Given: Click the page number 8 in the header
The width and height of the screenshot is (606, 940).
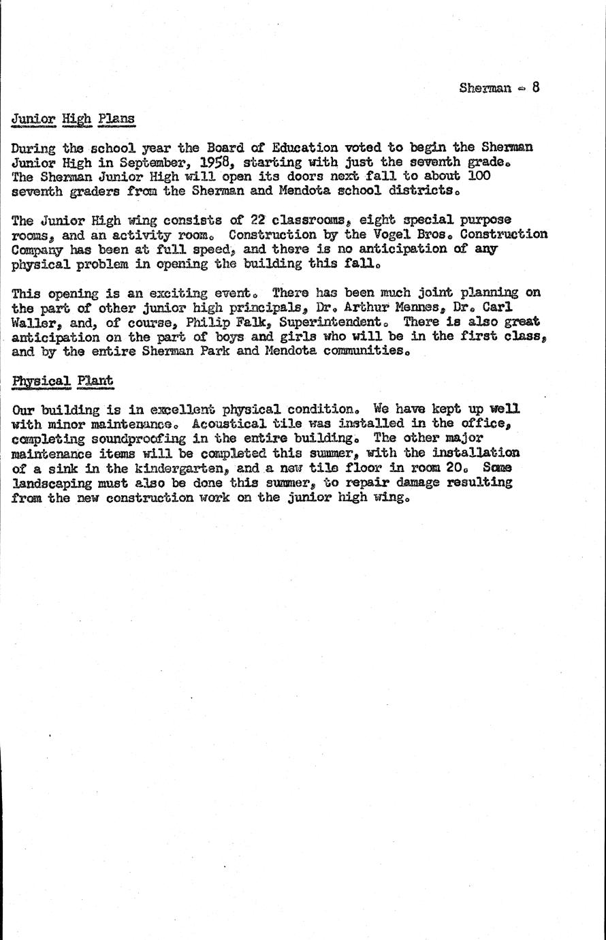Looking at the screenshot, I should pyautogui.click(x=536, y=87).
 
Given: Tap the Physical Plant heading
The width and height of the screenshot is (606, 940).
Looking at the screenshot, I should pyautogui.click(x=62, y=380).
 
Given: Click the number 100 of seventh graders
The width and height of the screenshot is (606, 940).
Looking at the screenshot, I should pyautogui.click(x=478, y=176).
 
